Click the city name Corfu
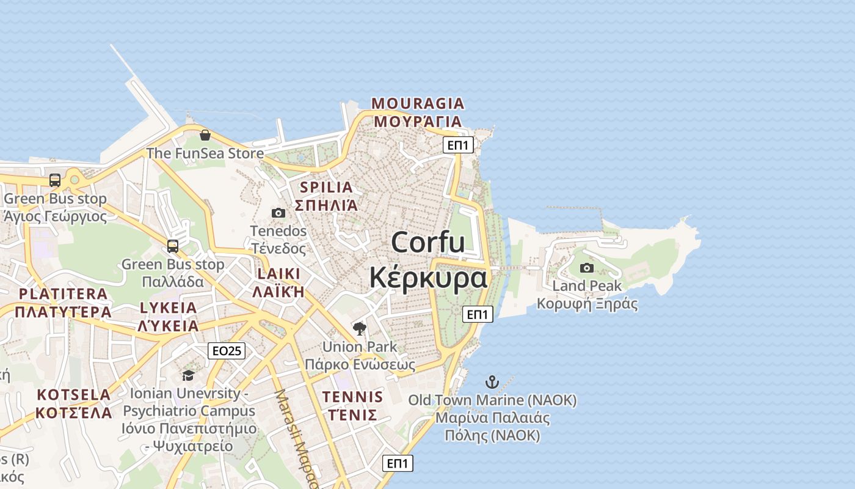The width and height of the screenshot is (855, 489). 428,243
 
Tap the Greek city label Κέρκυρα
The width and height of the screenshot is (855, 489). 428,278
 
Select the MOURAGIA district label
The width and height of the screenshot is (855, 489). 418,103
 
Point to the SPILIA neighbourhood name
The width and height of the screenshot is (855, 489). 327,187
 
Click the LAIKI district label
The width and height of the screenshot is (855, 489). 278,273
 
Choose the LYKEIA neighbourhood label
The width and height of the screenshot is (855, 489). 168,307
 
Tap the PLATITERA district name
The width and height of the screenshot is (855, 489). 63,294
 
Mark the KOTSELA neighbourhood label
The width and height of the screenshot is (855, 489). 73,395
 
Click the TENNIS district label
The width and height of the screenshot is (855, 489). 352,397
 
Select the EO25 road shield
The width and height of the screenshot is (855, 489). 227,350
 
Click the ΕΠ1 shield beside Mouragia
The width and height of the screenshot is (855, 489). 459,145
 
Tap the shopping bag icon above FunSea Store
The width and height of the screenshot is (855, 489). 205,135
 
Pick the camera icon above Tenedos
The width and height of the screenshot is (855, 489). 278,213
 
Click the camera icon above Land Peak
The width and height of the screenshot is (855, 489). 587,268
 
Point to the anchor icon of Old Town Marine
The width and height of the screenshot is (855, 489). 492,383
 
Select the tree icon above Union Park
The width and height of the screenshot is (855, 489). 360,329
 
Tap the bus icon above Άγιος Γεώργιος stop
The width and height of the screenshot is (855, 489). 55,180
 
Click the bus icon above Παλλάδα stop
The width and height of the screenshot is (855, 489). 173,246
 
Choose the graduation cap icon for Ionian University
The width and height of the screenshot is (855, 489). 188,375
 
